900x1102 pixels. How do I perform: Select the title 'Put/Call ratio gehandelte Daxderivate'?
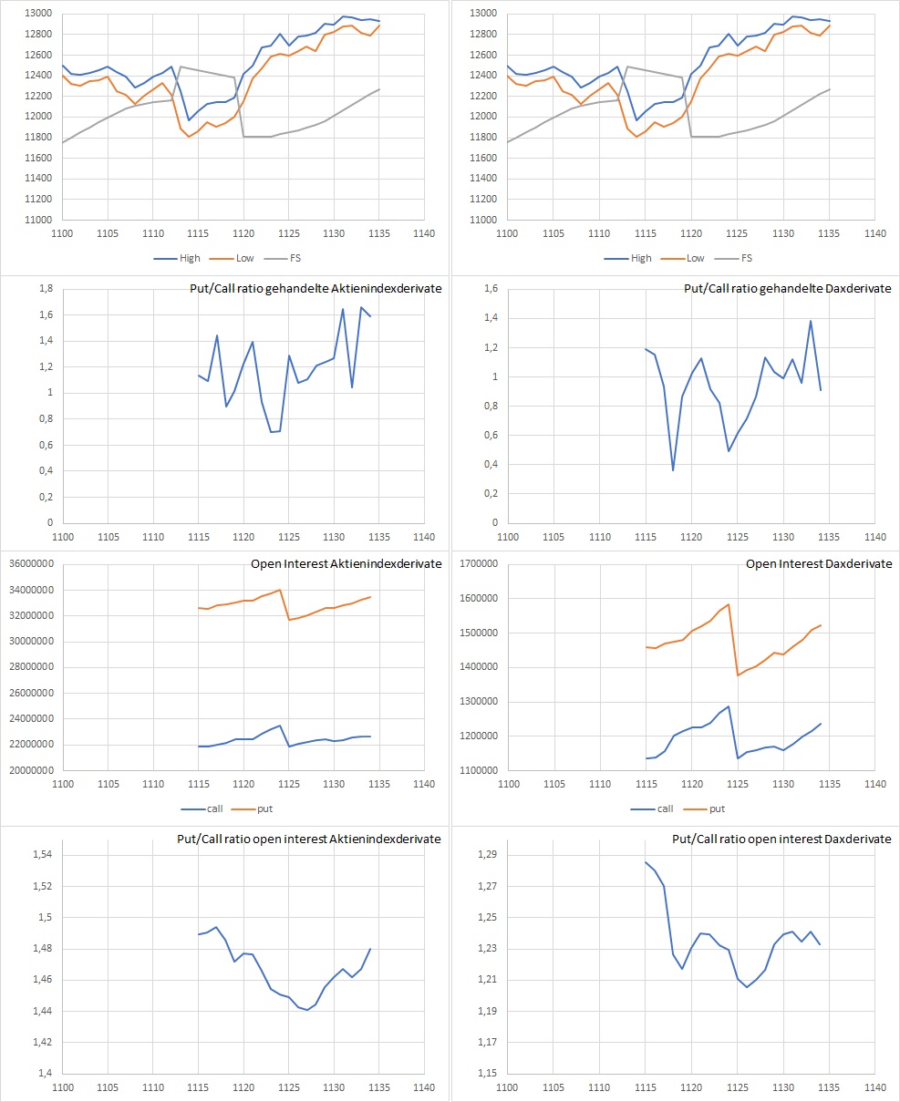[788, 289]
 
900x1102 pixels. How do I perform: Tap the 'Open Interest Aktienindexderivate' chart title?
[347, 564]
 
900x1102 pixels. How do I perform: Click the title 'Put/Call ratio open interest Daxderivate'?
[781, 839]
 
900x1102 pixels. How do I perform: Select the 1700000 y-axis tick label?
[478, 564]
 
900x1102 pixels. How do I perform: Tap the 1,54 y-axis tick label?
[41, 855]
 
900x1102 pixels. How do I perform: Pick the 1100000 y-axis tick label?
[478, 770]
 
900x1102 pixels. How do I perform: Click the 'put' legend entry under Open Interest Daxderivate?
[717, 808]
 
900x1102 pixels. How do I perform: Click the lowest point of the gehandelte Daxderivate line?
[673, 470]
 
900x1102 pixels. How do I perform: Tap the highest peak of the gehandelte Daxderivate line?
[811, 321]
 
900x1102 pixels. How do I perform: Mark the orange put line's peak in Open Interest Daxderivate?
[729, 603]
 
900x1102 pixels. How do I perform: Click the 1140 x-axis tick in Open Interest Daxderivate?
[874, 784]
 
